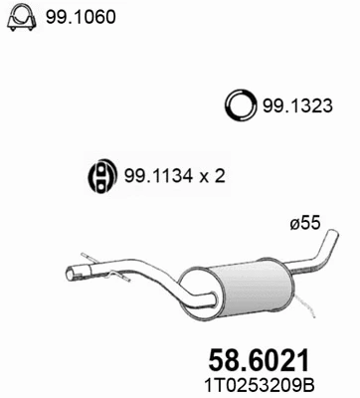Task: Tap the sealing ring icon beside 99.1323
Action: click(240, 102)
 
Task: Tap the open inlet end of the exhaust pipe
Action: click(72, 273)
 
